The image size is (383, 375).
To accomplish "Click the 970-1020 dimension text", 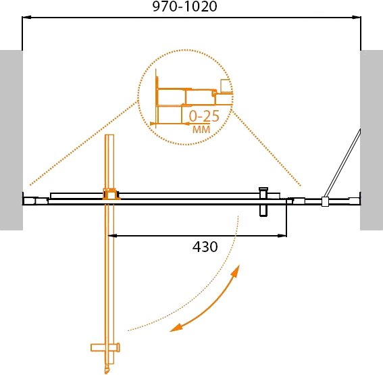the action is click(184, 7).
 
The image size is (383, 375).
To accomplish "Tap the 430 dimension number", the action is click(205, 247).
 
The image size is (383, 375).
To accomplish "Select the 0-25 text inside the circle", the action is click(204, 116).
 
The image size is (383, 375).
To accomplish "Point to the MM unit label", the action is click(201, 129).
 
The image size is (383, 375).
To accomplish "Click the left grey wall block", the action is click(11, 140).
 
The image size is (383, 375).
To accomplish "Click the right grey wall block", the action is click(372, 140).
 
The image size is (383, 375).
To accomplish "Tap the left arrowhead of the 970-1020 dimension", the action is click(26, 18).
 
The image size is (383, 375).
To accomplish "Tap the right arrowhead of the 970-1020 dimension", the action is click(357, 18).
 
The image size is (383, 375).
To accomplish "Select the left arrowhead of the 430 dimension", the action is click(113, 236).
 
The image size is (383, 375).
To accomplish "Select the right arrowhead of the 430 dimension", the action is click(282, 236).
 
